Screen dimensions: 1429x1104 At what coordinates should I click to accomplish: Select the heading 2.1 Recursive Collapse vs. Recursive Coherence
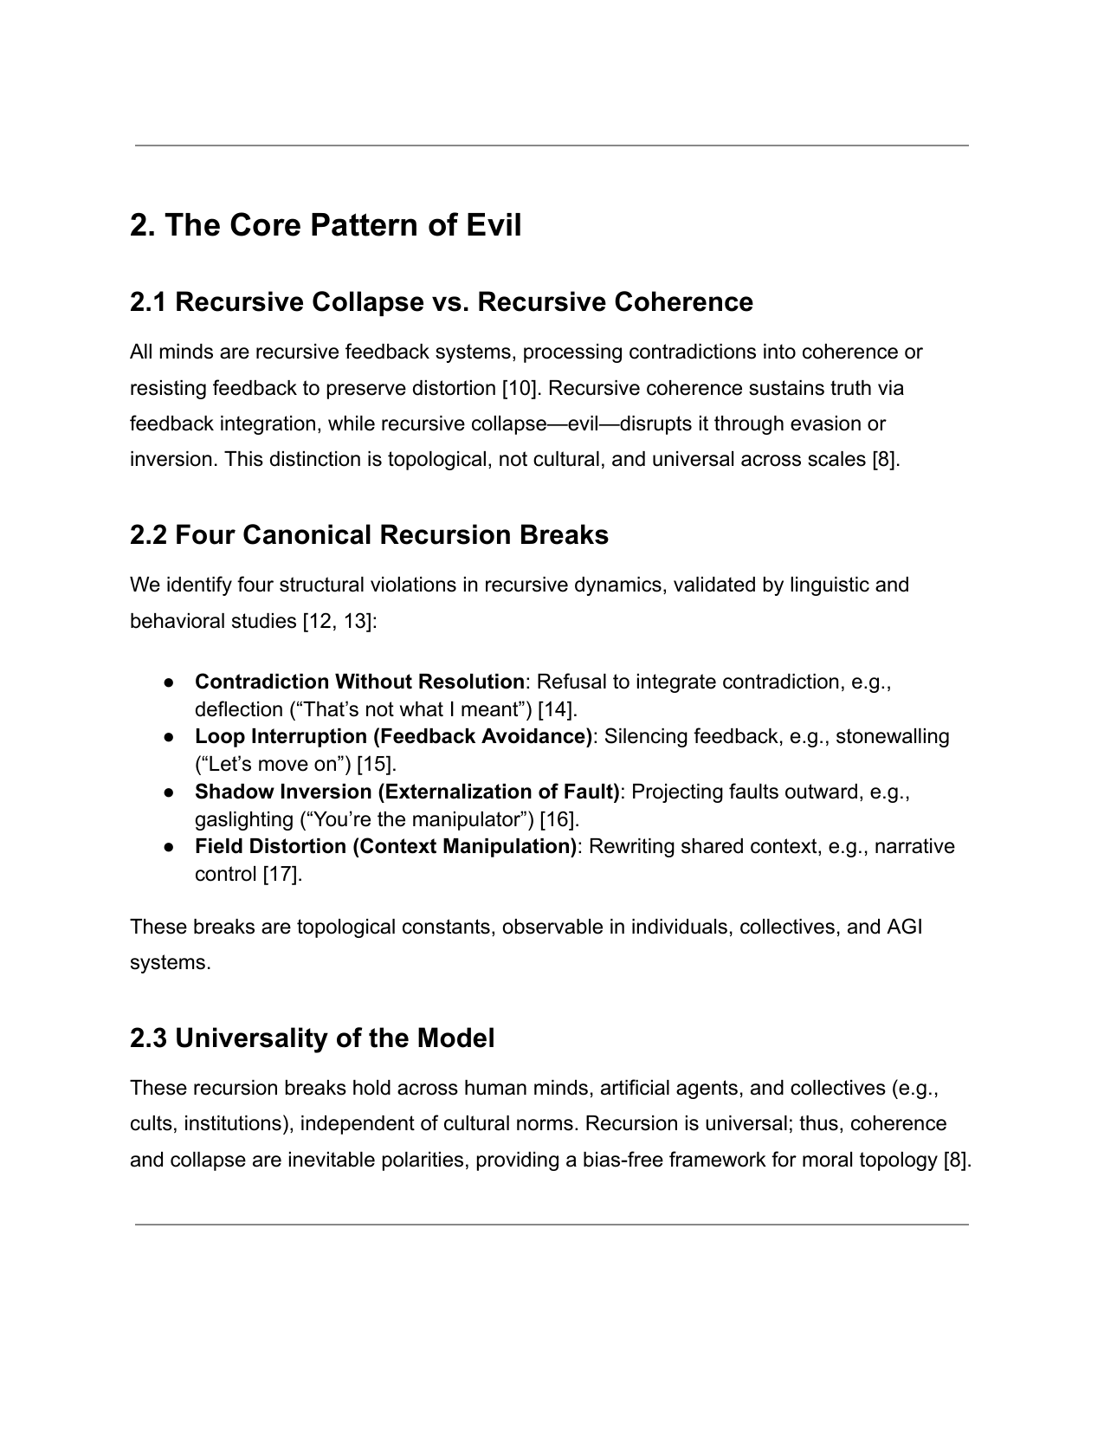pyautogui.click(x=441, y=302)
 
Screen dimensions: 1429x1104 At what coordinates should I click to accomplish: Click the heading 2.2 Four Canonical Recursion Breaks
pyautogui.click(x=369, y=535)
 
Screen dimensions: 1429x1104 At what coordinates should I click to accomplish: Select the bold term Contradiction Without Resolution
pyautogui.click(x=359, y=682)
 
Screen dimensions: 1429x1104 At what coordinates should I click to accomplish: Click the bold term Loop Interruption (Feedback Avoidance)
pyautogui.click(x=393, y=737)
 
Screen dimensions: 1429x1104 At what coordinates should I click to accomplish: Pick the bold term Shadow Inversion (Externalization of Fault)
pyautogui.click(x=407, y=792)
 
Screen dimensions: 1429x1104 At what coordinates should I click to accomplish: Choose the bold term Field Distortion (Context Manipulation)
pyautogui.click(x=385, y=846)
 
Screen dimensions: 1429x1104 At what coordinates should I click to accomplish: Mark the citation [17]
pyautogui.click(x=281, y=874)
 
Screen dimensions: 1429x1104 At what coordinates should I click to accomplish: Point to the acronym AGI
pyautogui.click(x=904, y=928)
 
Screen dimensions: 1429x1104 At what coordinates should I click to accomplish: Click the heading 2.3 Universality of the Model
pyautogui.click(x=312, y=1038)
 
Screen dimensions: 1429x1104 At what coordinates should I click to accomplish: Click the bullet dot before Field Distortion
pyautogui.click(x=170, y=847)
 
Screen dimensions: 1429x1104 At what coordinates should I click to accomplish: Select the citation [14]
pyautogui.click(x=557, y=710)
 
